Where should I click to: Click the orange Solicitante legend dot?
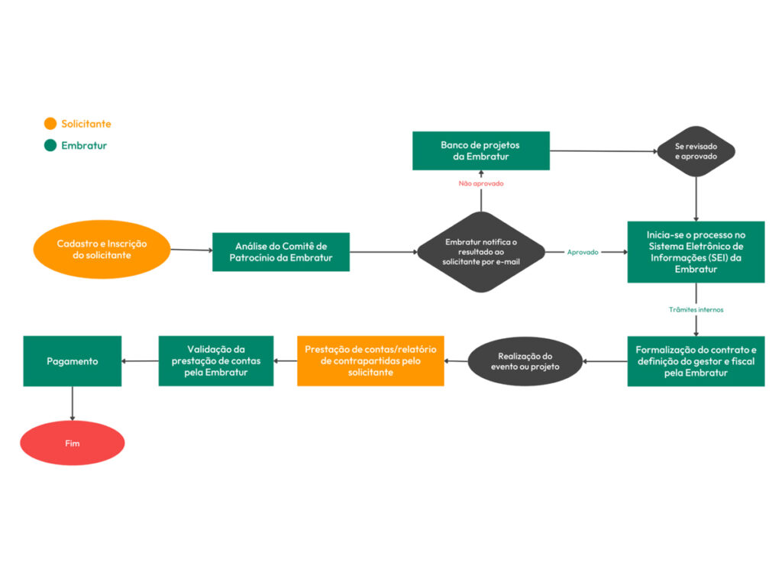50,124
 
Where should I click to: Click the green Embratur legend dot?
50,145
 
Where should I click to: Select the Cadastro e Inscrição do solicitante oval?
102,250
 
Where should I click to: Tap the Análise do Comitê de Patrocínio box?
280,252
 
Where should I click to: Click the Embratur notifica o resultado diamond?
480,252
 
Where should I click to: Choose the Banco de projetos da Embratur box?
480,150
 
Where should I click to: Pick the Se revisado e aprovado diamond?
696,151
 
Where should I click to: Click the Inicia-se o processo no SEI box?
696,252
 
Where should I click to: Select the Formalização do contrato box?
696,361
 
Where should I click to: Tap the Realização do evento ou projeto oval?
525,361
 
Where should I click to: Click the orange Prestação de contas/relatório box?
370,360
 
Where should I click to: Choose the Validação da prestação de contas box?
215,360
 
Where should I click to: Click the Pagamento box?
73,361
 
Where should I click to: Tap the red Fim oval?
73,443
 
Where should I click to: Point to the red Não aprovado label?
480,184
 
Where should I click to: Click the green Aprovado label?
583,252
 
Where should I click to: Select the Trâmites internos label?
696,310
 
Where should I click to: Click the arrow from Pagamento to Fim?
73,403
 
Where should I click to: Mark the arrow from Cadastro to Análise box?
191,250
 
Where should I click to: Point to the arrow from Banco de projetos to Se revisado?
603,151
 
